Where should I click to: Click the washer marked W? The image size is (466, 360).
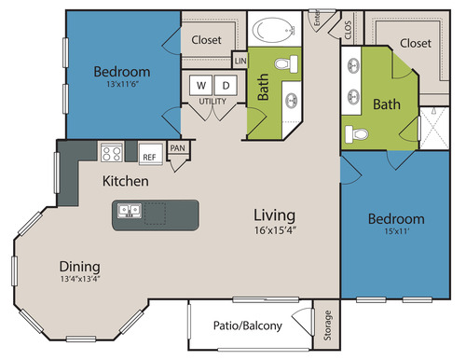click(x=201, y=85)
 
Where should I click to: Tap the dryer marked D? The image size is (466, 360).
click(x=226, y=85)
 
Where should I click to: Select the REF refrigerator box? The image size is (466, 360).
click(x=150, y=154)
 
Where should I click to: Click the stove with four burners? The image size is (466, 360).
click(x=112, y=153)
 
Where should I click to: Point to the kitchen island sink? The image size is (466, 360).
click(x=130, y=211)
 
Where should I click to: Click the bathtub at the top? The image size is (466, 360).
click(x=273, y=30)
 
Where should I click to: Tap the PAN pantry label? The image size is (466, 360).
click(x=177, y=148)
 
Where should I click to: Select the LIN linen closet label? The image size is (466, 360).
click(x=240, y=61)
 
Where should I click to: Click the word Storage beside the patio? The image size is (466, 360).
click(x=327, y=325)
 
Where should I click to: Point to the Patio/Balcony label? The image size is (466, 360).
click(x=248, y=325)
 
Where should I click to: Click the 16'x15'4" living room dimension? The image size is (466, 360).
click(x=275, y=230)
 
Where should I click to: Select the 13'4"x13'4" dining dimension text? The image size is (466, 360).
click(x=80, y=279)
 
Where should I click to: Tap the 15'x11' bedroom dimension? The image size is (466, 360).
click(x=396, y=231)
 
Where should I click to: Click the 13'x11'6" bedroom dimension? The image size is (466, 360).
click(x=122, y=84)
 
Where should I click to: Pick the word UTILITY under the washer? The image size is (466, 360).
click(x=212, y=102)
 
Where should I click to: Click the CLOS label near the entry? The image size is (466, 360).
click(x=348, y=30)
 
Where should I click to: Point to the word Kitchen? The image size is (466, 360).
click(x=126, y=181)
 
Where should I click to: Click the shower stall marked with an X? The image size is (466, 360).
click(x=434, y=128)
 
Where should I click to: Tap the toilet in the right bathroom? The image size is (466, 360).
click(x=357, y=134)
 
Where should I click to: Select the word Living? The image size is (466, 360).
click(x=274, y=215)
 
